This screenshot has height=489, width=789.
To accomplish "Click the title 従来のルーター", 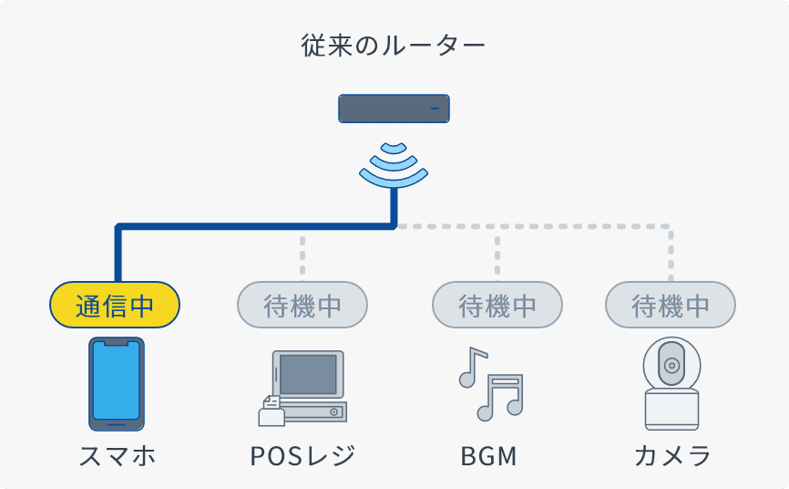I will click(394, 46).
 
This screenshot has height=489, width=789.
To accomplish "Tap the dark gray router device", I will click(394, 109).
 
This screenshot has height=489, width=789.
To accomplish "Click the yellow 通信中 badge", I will click(115, 305).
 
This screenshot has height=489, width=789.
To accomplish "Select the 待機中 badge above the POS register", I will click(302, 305).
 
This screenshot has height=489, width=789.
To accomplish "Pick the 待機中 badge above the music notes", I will click(497, 305).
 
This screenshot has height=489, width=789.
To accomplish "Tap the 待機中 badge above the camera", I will click(671, 305).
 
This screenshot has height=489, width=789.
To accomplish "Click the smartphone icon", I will click(116, 384).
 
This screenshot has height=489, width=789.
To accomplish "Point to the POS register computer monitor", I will click(308, 375).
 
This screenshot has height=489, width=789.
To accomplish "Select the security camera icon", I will click(671, 384).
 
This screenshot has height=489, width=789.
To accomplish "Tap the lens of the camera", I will click(671, 365).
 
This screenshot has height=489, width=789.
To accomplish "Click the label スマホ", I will click(116, 454).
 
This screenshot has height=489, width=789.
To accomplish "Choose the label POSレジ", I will click(302, 454).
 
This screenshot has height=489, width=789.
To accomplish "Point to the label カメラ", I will click(671, 454).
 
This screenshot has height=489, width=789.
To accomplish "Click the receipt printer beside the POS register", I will click(271, 412).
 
